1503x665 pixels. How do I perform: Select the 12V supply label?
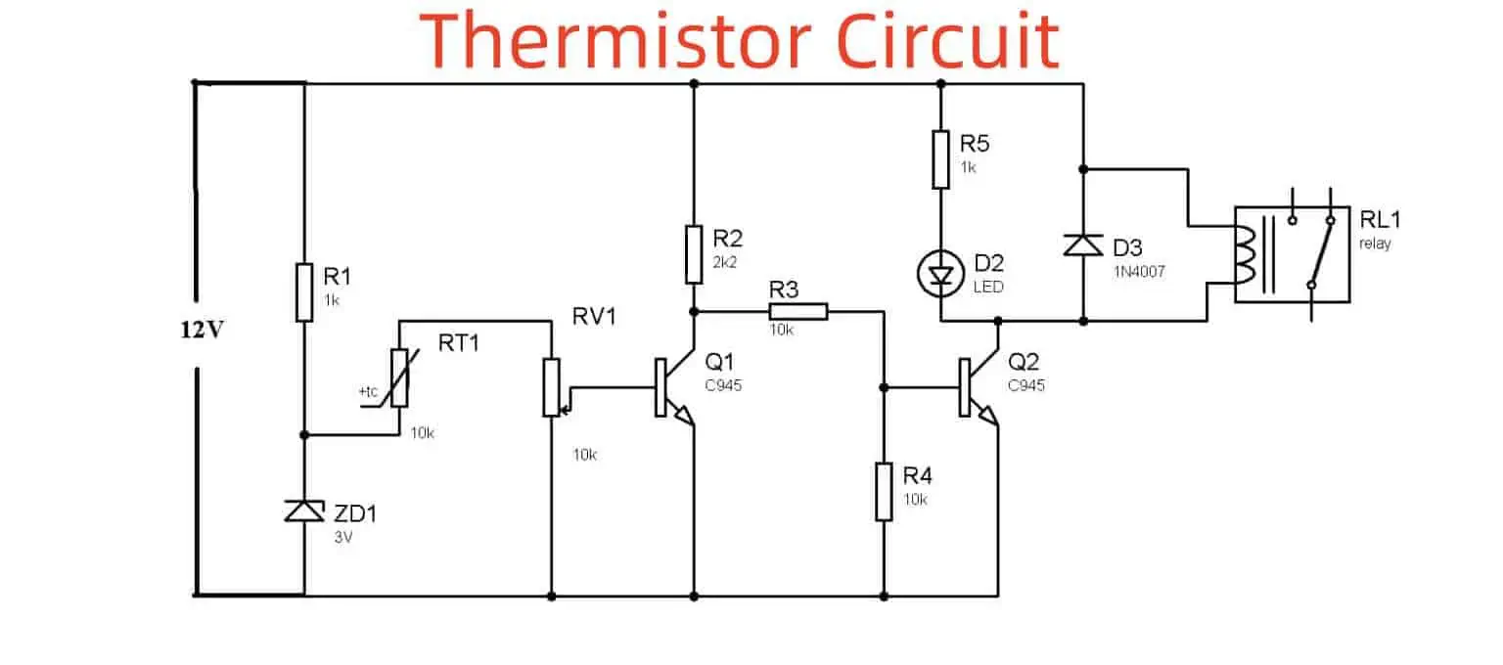click(x=202, y=330)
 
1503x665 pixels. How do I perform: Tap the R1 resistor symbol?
click(x=303, y=291)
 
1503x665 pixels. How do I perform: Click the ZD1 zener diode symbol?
click(x=303, y=510)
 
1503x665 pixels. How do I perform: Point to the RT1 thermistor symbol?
click(x=398, y=377)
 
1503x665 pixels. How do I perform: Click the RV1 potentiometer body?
click(x=552, y=386)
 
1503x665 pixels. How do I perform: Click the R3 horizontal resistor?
click(x=797, y=312)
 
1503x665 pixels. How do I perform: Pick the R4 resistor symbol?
click(x=884, y=492)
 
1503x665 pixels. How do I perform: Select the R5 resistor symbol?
click(x=940, y=160)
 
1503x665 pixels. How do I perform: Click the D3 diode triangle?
click(x=1083, y=244)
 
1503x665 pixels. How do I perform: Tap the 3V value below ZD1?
click(x=343, y=536)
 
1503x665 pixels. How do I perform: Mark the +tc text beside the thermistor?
click(x=368, y=392)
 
